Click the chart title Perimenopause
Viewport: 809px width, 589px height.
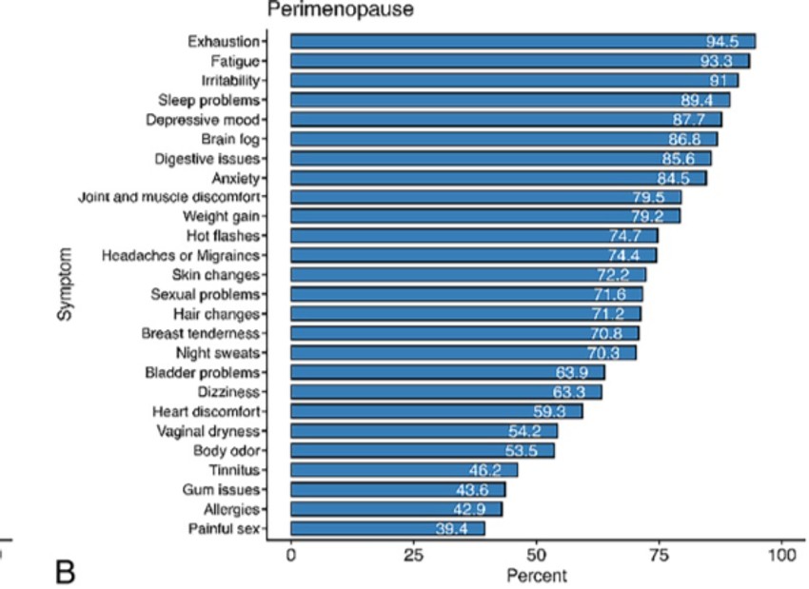(327, 12)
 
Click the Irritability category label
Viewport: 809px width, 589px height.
(230, 80)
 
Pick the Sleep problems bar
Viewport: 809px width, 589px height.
(509, 100)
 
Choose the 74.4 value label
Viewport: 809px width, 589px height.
(626, 255)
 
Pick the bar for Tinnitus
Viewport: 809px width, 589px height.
(404, 470)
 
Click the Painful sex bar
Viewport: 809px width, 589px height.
(387, 528)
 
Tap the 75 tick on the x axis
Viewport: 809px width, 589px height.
(660, 554)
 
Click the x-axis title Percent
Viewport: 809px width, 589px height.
(536, 575)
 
